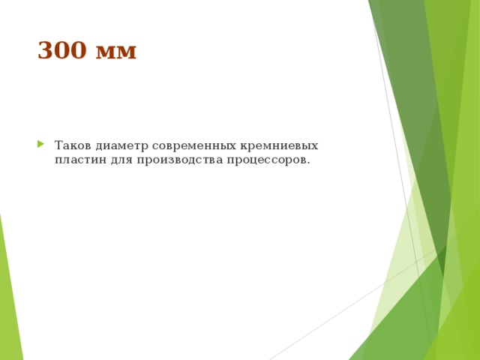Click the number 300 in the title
click(x=62, y=50)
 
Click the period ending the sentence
click(x=308, y=163)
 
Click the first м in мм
click(x=106, y=52)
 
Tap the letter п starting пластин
click(x=58, y=160)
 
